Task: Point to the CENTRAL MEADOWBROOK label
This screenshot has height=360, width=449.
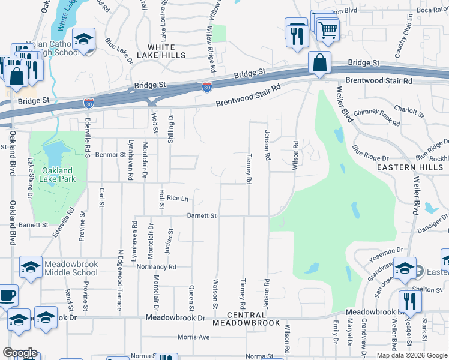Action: pyautogui.click(x=254, y=319)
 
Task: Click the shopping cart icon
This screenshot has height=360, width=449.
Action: pyautogui.click(x=328, y=29)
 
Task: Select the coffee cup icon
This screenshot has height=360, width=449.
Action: pyautogui.click(x=7, y=296)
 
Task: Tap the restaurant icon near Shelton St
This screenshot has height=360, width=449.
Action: pyautogui.click(x=409, y=301)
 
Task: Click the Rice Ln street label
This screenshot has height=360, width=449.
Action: pyautogui.click(x=178, y=198)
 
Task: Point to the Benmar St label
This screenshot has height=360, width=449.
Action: pyautogui.click(x=113, y=154)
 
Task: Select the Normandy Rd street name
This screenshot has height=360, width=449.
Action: pyautogui.click(x=156, y=266)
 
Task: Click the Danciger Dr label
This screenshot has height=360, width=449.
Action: pyautogui.click(x=432, y=223)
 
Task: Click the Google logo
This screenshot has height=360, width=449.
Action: pyautogui.click(x=20, y=353)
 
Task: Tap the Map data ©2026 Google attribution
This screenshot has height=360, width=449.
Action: pyautogui.click(x=411, y=355)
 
